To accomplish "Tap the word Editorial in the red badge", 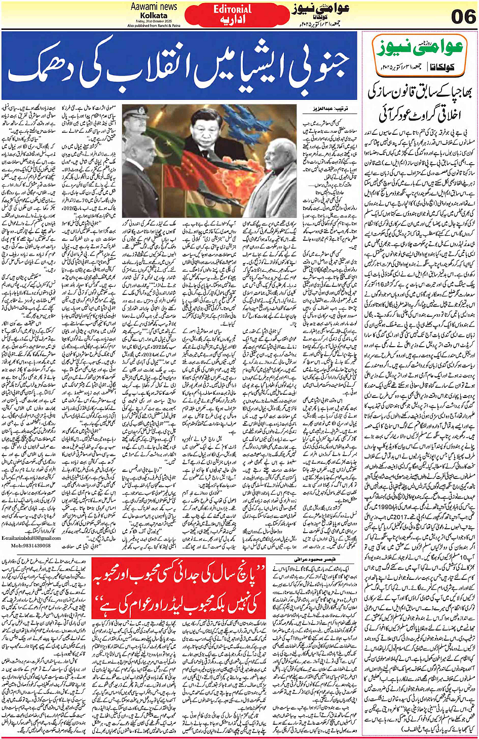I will click(232, 9).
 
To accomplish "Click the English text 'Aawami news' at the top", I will click(154, 7).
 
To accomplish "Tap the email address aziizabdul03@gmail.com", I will click(31, 538).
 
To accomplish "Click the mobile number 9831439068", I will click(31, 545).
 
